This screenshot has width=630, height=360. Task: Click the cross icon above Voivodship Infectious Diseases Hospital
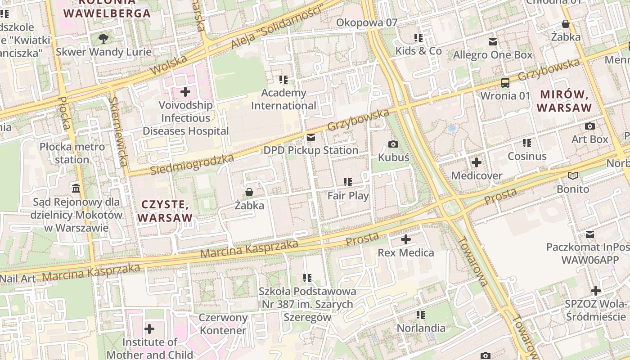pos(185,92)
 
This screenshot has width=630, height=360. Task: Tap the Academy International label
pos(283,99)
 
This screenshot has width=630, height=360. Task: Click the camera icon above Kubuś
pos(393,144)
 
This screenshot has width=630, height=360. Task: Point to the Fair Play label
pos(348,196)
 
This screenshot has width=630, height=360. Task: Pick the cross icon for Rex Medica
pos(406,239)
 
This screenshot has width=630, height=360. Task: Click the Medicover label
pos(477,175)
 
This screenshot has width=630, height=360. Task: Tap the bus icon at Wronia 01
pos(505,83)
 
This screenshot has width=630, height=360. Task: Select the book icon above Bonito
pos(573,176)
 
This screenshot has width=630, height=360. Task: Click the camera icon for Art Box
pos(589,126)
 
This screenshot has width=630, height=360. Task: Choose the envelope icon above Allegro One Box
pos(493,42)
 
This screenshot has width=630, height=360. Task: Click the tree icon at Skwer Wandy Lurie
pos(103,39)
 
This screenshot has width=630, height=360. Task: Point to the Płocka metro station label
pos(72,153)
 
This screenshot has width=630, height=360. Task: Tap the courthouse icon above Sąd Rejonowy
pos(76,188)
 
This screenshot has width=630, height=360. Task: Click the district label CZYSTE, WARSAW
pos(165,211)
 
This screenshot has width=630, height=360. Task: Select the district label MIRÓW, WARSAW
pos(564,101)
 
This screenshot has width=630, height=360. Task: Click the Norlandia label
pos(421,328)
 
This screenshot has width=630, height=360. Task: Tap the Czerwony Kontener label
pos(223,324)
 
